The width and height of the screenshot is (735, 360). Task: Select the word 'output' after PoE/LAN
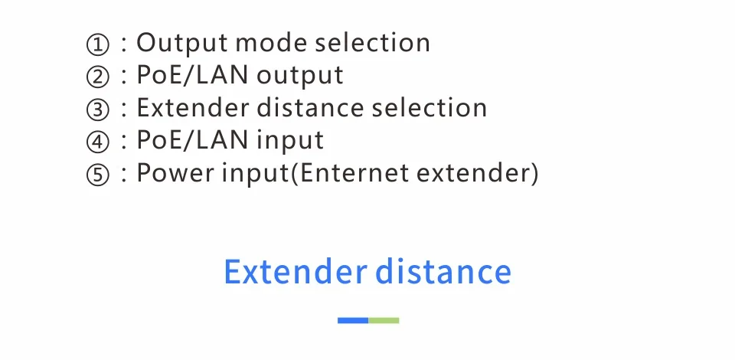tap(300, 76)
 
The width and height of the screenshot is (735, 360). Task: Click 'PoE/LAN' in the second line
tap(193, 76)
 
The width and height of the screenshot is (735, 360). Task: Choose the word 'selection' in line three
tap(430, 108)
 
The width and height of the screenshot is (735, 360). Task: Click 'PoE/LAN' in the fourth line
tap(193, 141)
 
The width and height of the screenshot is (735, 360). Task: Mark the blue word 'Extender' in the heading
tap(296, 273)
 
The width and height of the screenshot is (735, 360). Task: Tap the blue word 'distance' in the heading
tap(443, 273)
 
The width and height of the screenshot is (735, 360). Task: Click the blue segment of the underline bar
tap(353, 320)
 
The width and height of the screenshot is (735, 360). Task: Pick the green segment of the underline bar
tap(384, 320)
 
